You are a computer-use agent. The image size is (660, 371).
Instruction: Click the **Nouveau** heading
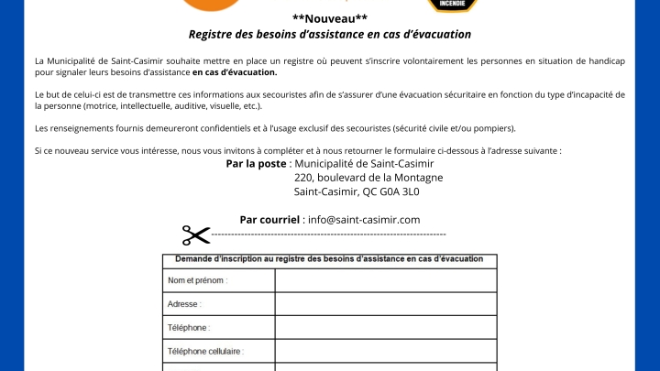(x=330, y=18)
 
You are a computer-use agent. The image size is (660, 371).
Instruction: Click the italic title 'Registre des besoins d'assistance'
(x=330, y=35)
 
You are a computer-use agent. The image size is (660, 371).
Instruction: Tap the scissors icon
(x=195, y=235)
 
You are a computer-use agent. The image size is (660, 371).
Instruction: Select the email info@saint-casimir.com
(x=364, y=219)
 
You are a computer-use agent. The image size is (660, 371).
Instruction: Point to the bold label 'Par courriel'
(x=270, y=219)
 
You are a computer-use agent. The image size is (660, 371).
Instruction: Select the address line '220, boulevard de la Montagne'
(x=368, y=178)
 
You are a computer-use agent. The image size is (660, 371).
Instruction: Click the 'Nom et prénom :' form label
(x=197, y=280)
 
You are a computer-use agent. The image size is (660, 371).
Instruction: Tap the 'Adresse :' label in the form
(x=184, y=304)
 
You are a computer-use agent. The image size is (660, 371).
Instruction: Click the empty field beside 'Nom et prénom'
(x=385, y=280)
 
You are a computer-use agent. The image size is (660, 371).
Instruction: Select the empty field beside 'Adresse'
(x=385, y=304)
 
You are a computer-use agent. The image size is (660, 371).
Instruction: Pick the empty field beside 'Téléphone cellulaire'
(x=385, y=351)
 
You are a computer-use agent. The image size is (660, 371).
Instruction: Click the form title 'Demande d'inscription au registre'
(x=329, y=259)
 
